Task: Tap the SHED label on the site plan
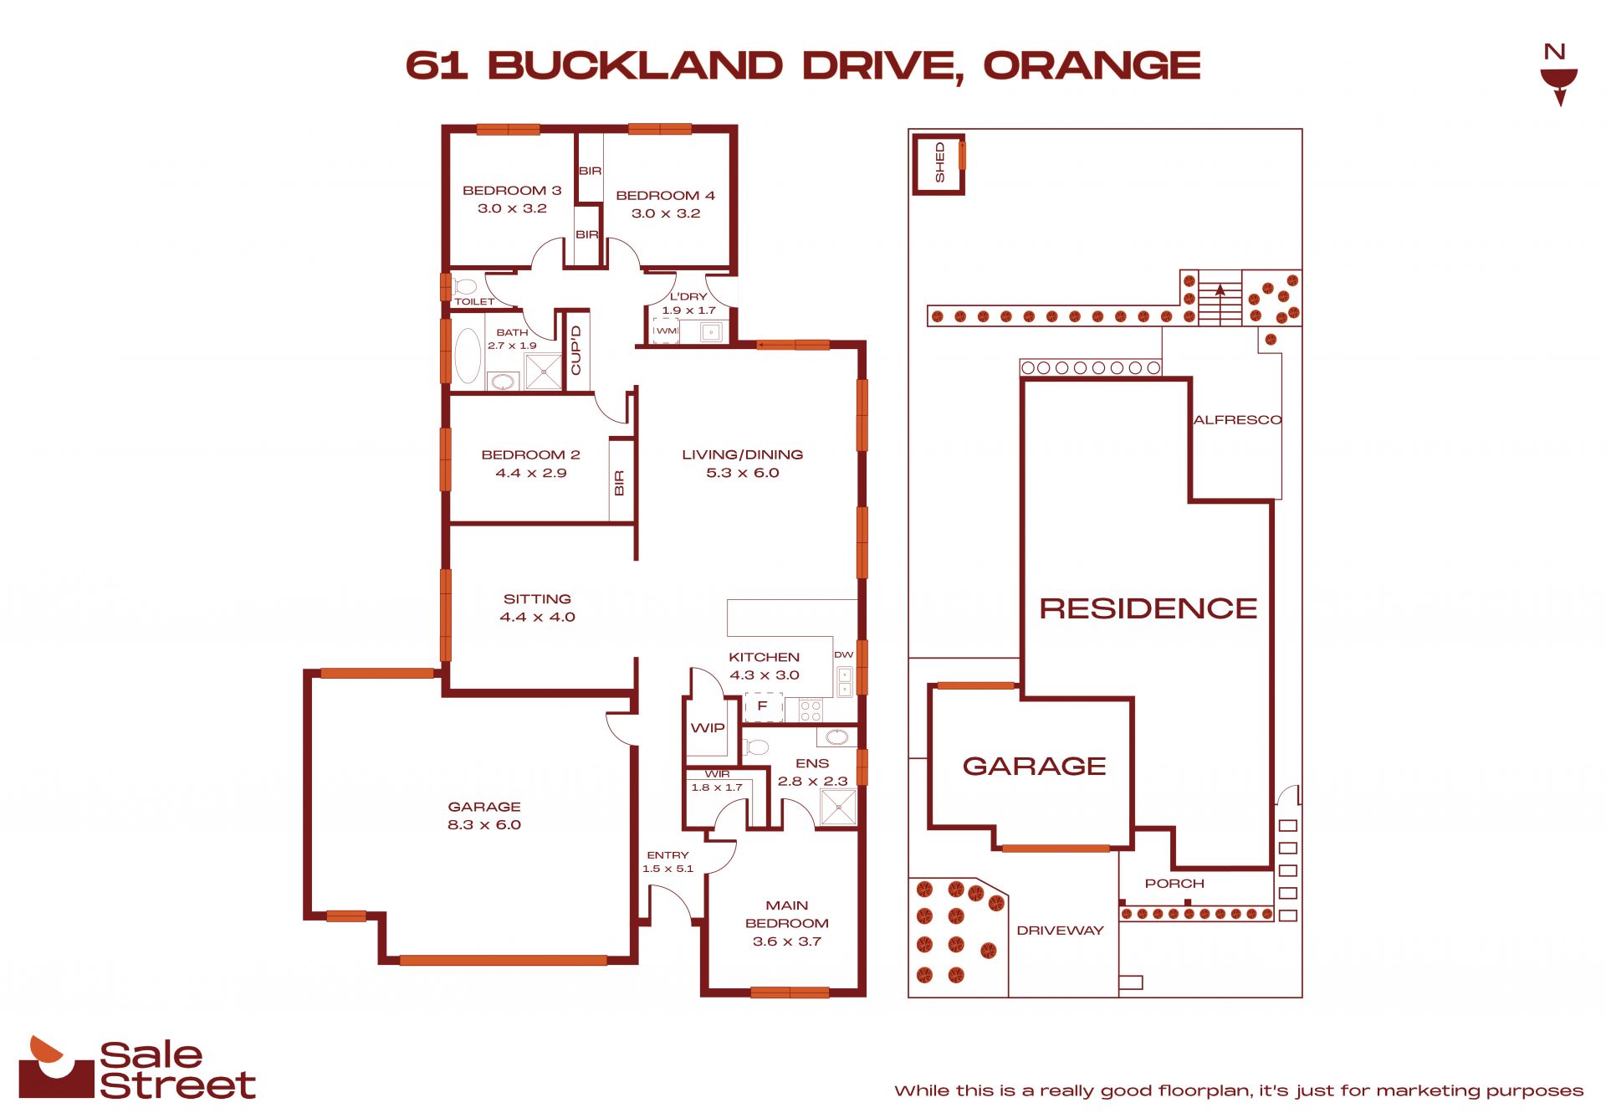[x=939, y=162]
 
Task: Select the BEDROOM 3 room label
[x=512, y=191]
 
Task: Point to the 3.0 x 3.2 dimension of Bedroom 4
[x=666, y=213]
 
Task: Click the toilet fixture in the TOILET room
[x=465, y=286]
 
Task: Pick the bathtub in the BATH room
[x=468, y=356]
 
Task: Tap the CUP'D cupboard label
[x=575, y=350]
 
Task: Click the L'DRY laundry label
[x=688, y=296]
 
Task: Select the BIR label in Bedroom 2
[x=619, y=483]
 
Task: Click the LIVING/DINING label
[x=743, y=454]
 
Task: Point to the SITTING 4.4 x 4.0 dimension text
[x=538, y=617]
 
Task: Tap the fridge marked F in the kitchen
[x=763, y=706]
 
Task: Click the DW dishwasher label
[x=843, y=654]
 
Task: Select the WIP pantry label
[x=708, y=728]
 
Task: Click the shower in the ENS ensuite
[x=838, y=808]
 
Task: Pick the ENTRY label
[x=667, y=855]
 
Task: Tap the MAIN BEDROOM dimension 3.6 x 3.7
[x=787, y=941]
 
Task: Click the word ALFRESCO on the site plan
[x=1237, y=420]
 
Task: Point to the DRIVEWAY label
[x=1060, y=931]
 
